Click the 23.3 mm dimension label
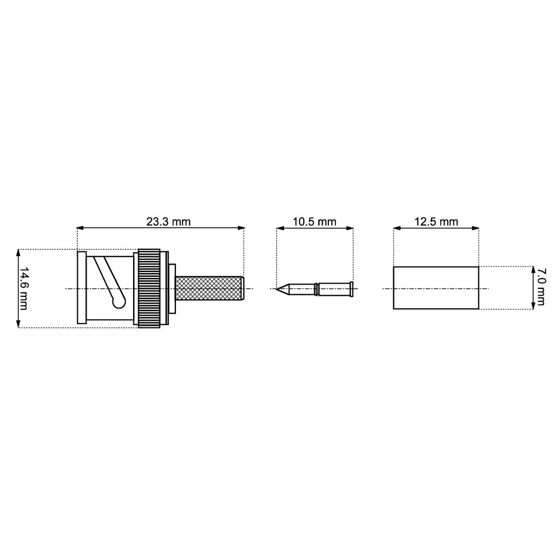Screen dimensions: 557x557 click(x=168, y=221)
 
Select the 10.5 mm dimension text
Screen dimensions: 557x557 click(x=314, y=221)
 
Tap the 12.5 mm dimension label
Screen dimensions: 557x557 click(x=436, y=221)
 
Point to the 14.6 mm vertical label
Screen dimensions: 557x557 click(x=24, y=288)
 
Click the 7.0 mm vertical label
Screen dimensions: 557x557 click(x=541, y=287)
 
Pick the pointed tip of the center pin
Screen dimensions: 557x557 click(x=277, y=288)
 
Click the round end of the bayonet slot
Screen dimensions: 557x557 click(x=118, y=302)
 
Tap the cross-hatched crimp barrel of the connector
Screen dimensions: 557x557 click(x=209, y=288)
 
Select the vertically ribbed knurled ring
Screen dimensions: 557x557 click(x=149, y=288)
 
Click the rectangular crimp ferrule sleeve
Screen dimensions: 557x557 click(x=436, y=288)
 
